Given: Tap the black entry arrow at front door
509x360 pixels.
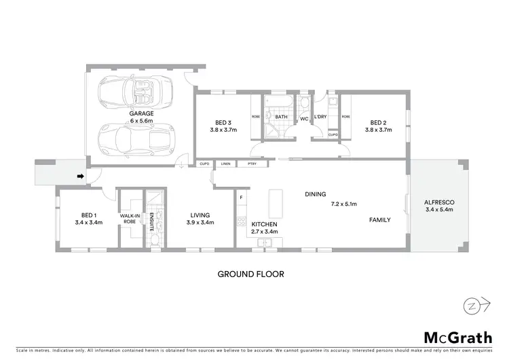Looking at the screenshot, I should (x=80, y=177).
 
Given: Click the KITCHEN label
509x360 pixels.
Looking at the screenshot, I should (x=265, y=224).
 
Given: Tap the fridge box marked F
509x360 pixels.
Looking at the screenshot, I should (x=240, y=198).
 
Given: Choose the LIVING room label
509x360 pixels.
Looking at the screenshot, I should (x=202, y=213).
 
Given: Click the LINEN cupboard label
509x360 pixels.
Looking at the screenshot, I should (x=225, y=164).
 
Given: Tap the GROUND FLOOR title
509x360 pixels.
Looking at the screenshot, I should (x=250, y=274).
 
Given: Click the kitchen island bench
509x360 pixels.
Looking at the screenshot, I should (x=275, y=202).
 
